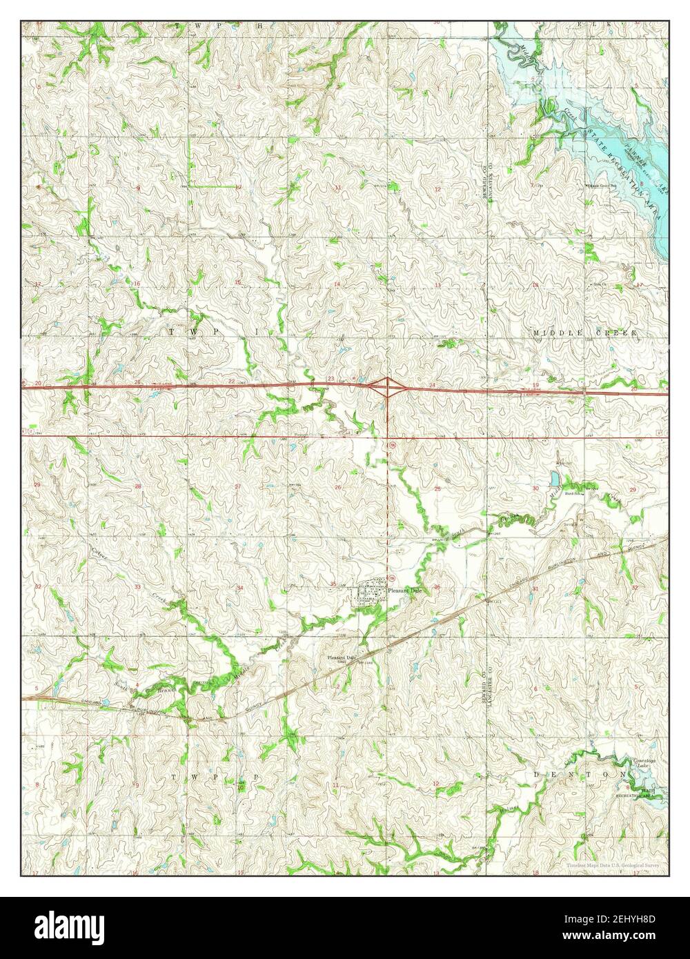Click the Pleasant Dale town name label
point(404,591)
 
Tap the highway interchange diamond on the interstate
point(388,388)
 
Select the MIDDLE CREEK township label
point(586,333)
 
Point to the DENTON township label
point(573,775)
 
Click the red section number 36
point(437,587)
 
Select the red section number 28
point(137,486)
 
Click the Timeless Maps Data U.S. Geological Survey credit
point(613,865)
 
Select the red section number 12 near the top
point(437,188)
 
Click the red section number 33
point(137,587)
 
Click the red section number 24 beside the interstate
point(432,384)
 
